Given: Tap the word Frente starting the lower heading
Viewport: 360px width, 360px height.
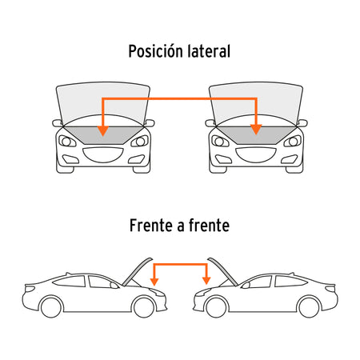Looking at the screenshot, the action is click(x=151, y=226).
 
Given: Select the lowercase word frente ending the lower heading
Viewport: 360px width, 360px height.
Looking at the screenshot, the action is click(x=209, y=226).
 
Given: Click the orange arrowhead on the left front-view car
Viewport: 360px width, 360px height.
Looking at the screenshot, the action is click(x=103, y=130).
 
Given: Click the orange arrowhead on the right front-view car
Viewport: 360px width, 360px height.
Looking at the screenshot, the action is click(x=256, y=130).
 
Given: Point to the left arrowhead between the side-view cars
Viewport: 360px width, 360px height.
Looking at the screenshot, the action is click(x=154, y=282).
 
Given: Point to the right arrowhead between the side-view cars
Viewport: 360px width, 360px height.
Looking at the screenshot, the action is click(x=206, y=281).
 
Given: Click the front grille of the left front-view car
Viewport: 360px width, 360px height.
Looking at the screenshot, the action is click(x=103, y=154).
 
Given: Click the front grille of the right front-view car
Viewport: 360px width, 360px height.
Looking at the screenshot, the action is click(x=256, y=154).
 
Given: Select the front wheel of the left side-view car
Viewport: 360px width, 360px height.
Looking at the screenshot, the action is click(x=144, y=307).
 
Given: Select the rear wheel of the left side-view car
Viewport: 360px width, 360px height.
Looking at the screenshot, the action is click(x=51, y=307).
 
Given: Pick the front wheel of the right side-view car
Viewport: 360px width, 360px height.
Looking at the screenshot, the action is click(x=216, y=307).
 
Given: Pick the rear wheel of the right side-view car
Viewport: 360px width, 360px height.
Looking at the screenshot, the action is click(x=309, y=307).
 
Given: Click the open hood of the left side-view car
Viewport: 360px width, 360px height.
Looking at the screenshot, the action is click(x=137, y=272).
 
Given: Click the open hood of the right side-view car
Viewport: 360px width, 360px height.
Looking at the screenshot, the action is click(x=223, y=272).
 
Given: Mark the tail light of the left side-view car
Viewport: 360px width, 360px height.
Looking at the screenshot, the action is click(x=30, y=289).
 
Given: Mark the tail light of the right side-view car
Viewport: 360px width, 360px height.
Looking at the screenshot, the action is click(x=330, y=289).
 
